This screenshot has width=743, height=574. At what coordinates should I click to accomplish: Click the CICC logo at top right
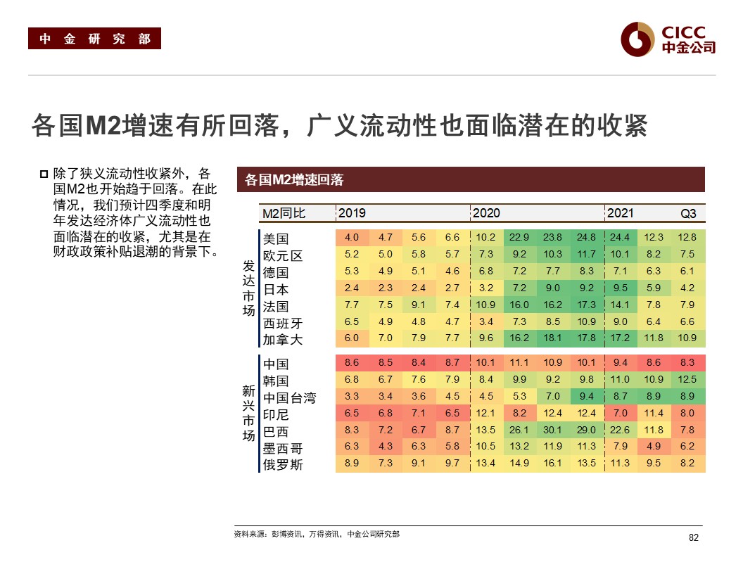(x=668, y=39)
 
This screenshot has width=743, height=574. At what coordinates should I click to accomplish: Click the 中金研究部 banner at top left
(x=94, y=39)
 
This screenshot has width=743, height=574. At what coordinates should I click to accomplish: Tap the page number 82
(x=693, y=538)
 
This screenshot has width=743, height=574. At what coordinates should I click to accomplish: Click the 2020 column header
(x=486, y=213)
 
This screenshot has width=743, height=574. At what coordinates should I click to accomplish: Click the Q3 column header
(x=687, y=213)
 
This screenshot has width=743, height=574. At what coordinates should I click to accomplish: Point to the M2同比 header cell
(x=284, y=213)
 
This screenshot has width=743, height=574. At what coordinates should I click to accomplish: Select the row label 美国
(x=276, y=238)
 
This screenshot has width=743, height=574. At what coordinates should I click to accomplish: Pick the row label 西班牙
(x=282, y=324)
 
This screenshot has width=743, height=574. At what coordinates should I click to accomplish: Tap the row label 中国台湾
(x=289, y=398)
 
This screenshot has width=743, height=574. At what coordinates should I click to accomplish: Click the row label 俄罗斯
(x=282, y=464)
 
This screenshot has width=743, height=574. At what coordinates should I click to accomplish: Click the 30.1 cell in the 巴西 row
(x=552, y=431)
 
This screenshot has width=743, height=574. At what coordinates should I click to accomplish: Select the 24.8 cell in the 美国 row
(x=585, y=238)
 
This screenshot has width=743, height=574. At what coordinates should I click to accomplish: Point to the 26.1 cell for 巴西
(x=519, y=431)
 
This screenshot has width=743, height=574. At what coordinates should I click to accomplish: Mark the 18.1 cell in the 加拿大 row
(x=552, y=338)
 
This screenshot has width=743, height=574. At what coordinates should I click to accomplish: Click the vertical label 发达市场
(x=248, y=288)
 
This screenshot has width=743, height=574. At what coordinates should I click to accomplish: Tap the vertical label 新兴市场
(x=248, y=414)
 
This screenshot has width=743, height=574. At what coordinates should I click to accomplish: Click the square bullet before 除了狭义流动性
(x=44, y=174)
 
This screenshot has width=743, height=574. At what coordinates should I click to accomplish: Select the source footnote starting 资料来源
(x=317, y=535)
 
